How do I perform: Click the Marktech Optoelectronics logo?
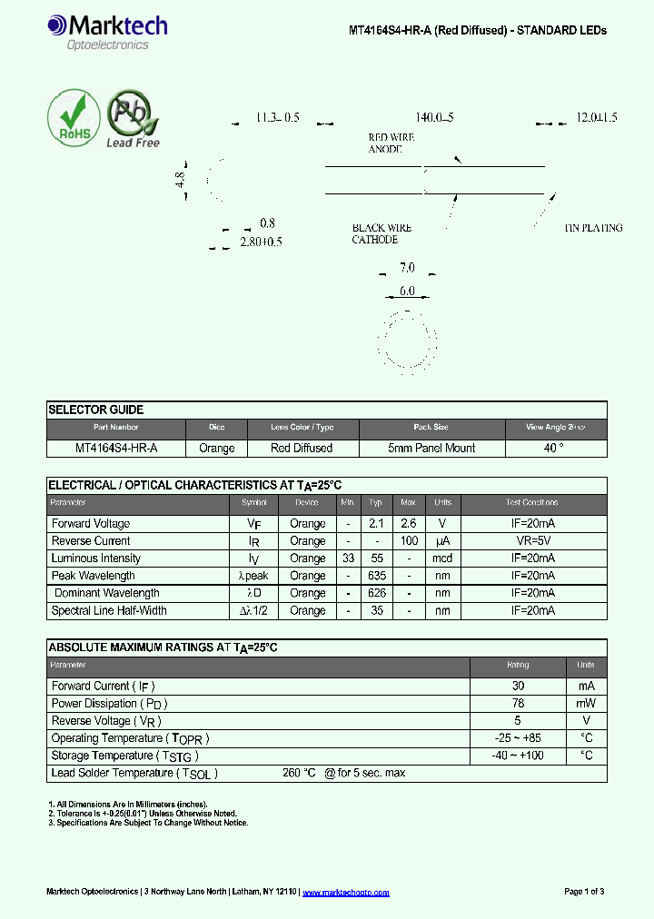coord(107,33)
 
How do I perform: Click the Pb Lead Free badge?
coord(133,119)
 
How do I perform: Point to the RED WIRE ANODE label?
coord(385,143)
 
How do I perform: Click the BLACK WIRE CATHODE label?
coord(381,233)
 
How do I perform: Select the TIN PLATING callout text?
coord(593,228)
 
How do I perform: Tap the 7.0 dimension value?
coord(407,268)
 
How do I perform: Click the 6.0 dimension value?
coord(407,292)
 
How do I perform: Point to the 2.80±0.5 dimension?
coord(262,242)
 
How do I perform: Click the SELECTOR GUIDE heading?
coord(95,410)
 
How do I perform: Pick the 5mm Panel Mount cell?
coord(431,448)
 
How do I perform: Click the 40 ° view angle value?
coord(554,448)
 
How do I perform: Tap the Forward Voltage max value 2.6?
coord(408,523)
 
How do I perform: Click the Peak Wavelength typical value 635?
coord(376,576)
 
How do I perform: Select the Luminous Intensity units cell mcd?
coord(442,558)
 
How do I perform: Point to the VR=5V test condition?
coord(532,541)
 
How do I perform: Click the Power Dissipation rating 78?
coord(518,704)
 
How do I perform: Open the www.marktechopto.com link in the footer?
coord(345,893)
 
